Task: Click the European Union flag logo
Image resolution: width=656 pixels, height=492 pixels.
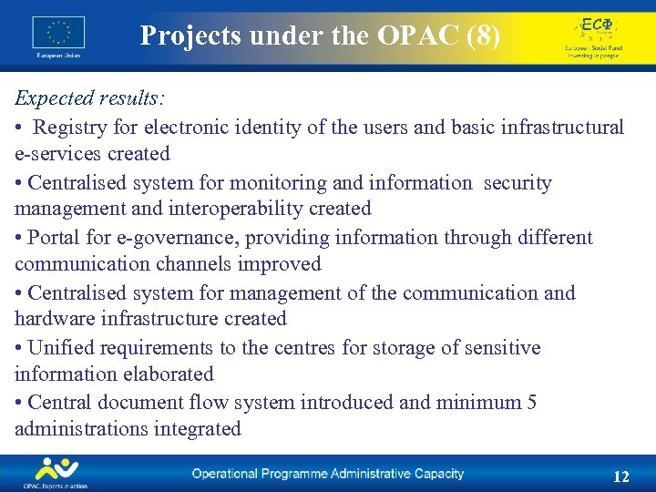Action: pos(58,34)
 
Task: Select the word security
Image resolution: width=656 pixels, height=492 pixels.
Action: pos(518,182)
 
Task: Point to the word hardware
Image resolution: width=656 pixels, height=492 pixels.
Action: pos(56,319)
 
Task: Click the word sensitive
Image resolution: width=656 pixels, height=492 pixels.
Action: pos(497,348)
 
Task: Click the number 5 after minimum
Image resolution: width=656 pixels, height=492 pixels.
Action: pos(531,402)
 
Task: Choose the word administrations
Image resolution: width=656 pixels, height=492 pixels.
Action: pos(73,428)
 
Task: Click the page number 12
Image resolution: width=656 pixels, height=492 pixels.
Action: pos(621,477)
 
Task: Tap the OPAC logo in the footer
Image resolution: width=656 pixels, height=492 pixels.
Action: pos(56,472)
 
